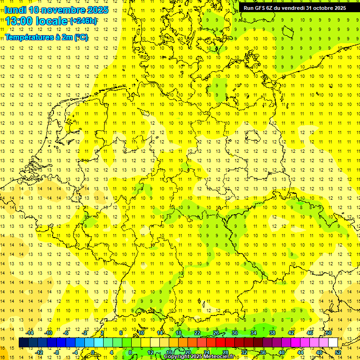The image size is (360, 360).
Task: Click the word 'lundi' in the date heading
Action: [x=15, y=10]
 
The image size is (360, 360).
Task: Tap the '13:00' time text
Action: [x=18, y=22]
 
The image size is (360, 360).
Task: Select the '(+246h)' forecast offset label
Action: [x=83, y=21]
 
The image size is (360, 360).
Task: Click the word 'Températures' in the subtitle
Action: [x=28, y=37]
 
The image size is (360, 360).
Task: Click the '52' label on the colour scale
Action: [x=338, y=352]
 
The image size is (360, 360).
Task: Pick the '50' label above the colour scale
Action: [x=329, y=333]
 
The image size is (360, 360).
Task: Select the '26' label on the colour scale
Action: [x=216, y=333]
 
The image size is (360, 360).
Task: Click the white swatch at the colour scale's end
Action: [x=333, y=342]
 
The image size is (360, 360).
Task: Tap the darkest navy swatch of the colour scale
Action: [x=23, y=342]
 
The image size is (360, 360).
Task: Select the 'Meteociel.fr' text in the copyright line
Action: [x=219, y=357]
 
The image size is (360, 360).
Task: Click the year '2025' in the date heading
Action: [x=97, y=10]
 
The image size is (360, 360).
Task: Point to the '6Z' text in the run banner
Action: [x=270, y=8]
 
